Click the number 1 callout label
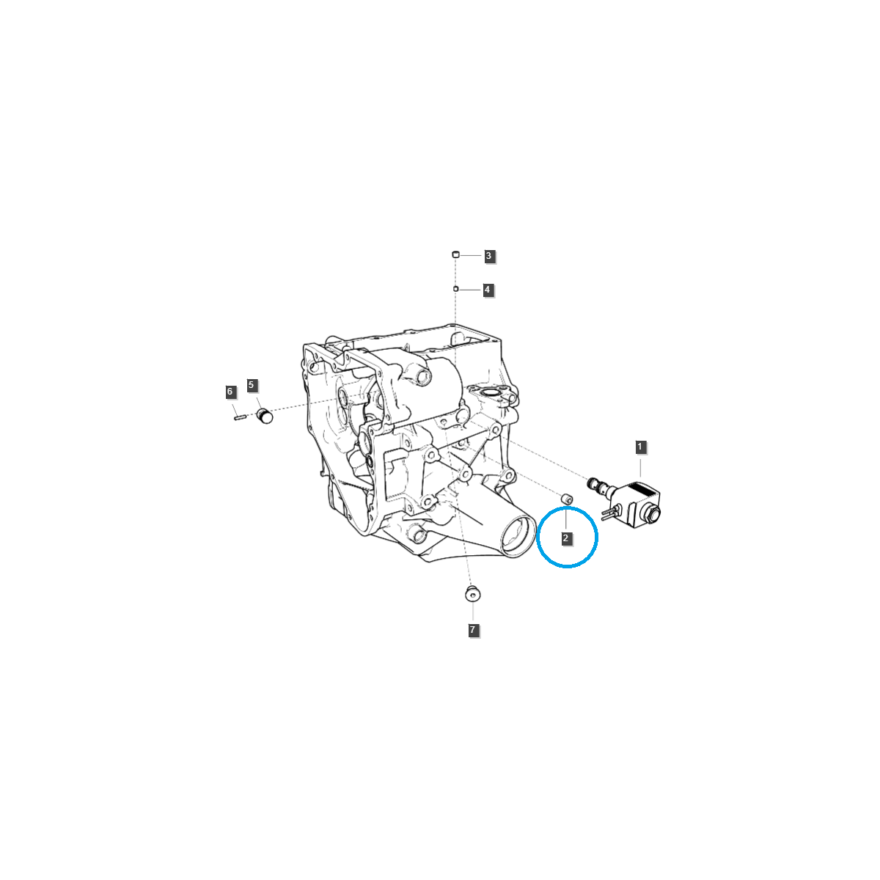[639, 447]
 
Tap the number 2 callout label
[566, 538]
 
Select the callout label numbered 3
[489, 256]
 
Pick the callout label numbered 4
[487, 290]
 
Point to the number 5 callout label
[252, 385]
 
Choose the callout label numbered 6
[230, 392]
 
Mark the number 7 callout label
[473, 630]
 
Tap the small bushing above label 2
[566, 499]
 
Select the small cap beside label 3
[455, 254]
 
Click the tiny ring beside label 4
[455, 289]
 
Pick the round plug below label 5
[265, 417]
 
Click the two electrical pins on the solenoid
[609, 512]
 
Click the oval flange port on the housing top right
[489, 396]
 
